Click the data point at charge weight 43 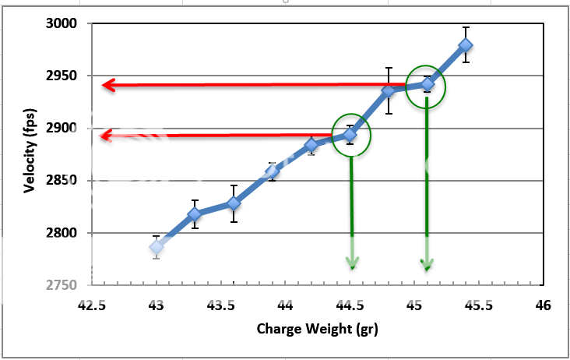coord(157,247)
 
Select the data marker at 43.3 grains coord(195,214)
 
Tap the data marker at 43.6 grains coord(234,203)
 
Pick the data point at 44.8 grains coord(389,91)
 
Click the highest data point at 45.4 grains coord(466,45)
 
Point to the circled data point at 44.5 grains coord(350,135)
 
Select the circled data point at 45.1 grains coord(427,84)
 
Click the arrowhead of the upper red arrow coord(109,85)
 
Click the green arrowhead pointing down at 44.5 coord(352,263)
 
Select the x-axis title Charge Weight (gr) coord(316,329)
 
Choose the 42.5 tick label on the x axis coord(92,305)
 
